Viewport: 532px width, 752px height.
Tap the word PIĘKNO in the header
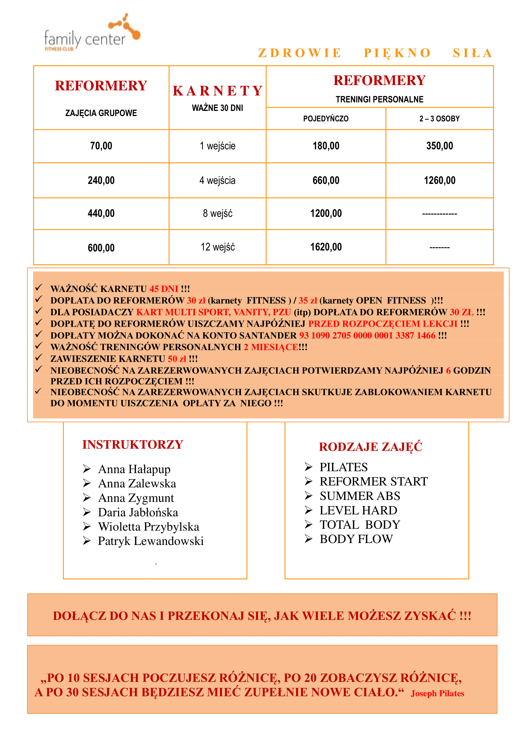click(x=397, y=53)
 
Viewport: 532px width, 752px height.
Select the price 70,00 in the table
click(x=101, y=146)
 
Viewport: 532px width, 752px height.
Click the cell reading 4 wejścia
click(x=217, y=180)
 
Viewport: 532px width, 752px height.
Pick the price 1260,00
click(x=439, y=180)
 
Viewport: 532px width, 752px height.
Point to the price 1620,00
click(x=326, y=247)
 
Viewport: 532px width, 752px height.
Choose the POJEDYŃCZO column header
click(x=326, y=119)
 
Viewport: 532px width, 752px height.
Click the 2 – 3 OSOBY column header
click(x=439, y=119)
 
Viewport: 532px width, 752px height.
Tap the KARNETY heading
click(x=217, y=91)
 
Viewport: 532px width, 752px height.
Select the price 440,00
click(x=101, y=213)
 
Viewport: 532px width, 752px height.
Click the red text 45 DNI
click(x=164, y=289)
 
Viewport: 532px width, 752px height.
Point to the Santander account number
click(x=367, y=335)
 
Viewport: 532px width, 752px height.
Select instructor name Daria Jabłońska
click(x=138, y=512)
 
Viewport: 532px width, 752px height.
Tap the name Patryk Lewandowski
click(x=151, y=541)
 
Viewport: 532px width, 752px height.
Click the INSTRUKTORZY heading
click(x=133, y=444)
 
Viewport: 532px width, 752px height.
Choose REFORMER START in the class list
click(x=373, y=482)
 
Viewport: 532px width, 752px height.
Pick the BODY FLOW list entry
click(x=356, y=539)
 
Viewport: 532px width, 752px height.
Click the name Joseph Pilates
click(x=437, y=693)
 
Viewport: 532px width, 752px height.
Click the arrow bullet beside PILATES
click(x=308, y=467)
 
